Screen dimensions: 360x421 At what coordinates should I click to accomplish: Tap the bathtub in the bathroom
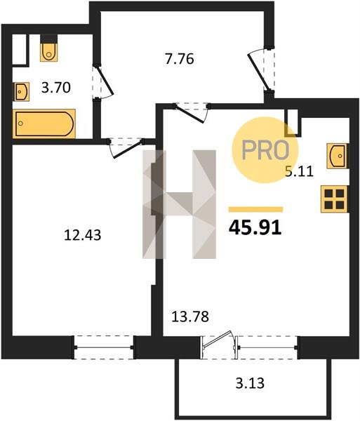[x=44, y=123]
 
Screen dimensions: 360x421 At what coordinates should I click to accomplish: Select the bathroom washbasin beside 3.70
[x=22, y=92]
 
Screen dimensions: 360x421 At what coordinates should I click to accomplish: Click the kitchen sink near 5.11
[x=337, y=156]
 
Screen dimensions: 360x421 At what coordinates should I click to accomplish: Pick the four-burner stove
[x=335, y=199]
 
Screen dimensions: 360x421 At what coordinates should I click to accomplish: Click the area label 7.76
[x=180, y=59]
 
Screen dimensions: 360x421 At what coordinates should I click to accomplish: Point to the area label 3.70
[x=56, y=88]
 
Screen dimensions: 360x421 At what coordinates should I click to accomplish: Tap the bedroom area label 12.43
[x=83, y=235]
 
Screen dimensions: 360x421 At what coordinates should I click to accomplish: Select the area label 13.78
[x=190, y=316]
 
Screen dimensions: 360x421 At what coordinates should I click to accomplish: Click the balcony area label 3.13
[x=250, y=383]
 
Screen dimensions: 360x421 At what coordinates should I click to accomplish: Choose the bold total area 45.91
[x=255, y=227]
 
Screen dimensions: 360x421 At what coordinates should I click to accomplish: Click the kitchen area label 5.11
[x=299, y=171]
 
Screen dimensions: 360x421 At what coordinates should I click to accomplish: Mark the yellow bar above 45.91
[x=255, y=209]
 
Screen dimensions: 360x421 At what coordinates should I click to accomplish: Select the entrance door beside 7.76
[x=258, y=71]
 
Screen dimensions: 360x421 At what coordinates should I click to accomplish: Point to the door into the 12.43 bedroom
[x=128, y=149]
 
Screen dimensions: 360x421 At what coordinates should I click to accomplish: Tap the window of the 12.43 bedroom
[x=104, y=347]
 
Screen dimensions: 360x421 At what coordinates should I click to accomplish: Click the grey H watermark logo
[x=180, y=204]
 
